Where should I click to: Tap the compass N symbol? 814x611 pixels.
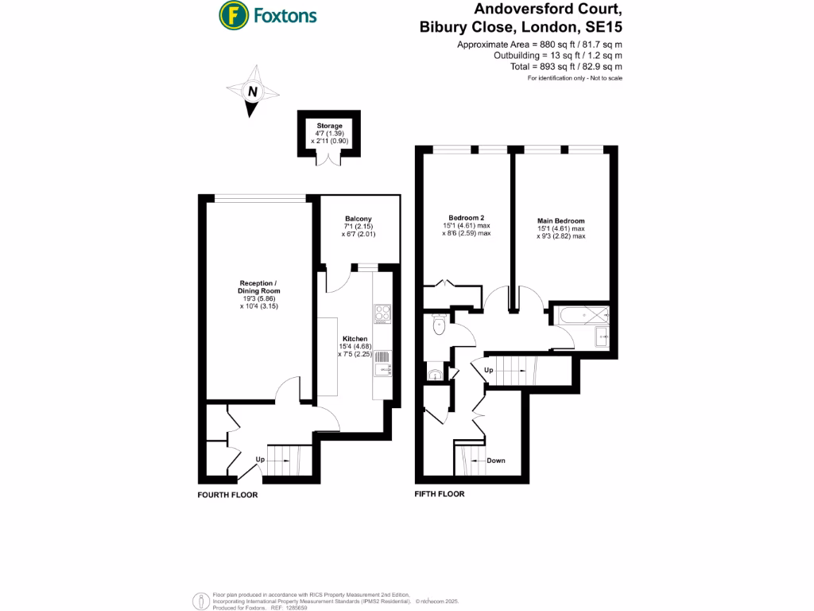click(x=252, y=92)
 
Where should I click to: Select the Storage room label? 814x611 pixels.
click(x=330, y=126)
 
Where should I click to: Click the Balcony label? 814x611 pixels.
click(x=359, y=219)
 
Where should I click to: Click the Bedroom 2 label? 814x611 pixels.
click(x=467, y=218)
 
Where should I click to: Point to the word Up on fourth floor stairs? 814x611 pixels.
click(x=259, y=460)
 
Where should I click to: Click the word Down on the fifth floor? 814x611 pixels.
click(x=495, y=461)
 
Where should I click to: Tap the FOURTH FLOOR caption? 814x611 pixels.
click(x=227, y=495)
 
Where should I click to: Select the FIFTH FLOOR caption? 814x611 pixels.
click(x=440, y=494)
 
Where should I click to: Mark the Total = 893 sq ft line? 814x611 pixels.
click(x=566, y=68)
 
